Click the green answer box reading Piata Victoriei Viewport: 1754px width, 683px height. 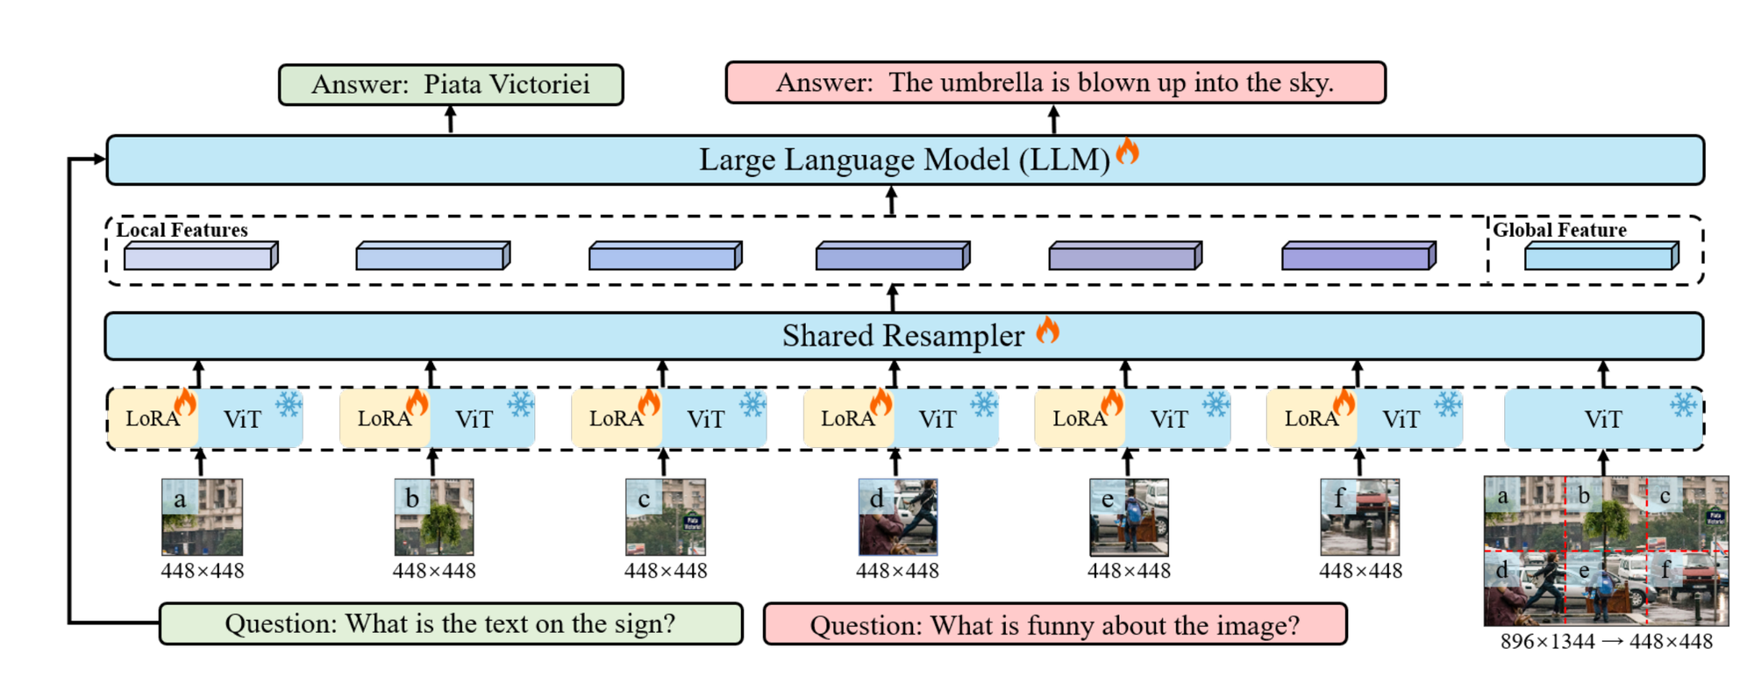[451, 84]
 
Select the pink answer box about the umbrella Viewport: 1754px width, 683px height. [1055, 82]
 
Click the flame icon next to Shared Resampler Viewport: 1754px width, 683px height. [1047, 331]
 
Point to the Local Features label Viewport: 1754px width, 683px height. [182, 230]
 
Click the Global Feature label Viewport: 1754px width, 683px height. [1559, 230]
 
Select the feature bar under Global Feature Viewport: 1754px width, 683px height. [1601, 257]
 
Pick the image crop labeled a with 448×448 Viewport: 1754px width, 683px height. [202, 516]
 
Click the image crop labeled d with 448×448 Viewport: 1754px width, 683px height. [897, 516]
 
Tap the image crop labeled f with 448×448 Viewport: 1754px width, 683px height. [1360, 516]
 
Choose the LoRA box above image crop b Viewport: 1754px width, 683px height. [384, 419]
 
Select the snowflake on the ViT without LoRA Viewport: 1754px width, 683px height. [1683, 404]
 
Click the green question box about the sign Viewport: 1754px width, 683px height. [451, 623]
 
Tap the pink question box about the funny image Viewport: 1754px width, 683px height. [1055, 625]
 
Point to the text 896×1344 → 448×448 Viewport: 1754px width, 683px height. [1606, 642]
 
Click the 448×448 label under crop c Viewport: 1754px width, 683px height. [666, 571]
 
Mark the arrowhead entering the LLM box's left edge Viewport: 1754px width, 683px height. [100, 159]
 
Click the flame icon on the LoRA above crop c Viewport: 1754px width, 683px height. [649, 402]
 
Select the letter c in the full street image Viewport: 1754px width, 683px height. [1665, 496]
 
